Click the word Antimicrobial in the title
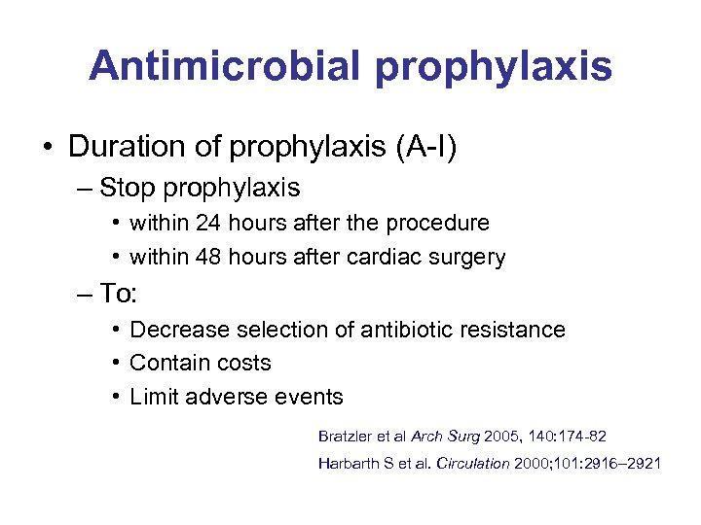coord(225,66)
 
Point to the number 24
coord(208,223)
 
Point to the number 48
coord(208,258)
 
